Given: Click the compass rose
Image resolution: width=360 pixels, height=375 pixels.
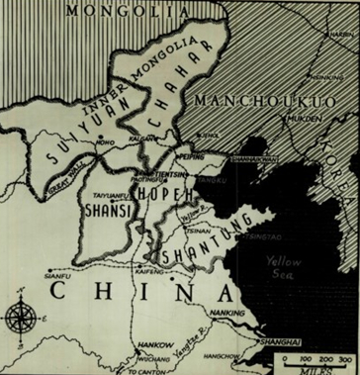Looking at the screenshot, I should (x=19, y=319).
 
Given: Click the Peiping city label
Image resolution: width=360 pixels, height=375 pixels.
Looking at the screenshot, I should (x=193, y=156).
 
